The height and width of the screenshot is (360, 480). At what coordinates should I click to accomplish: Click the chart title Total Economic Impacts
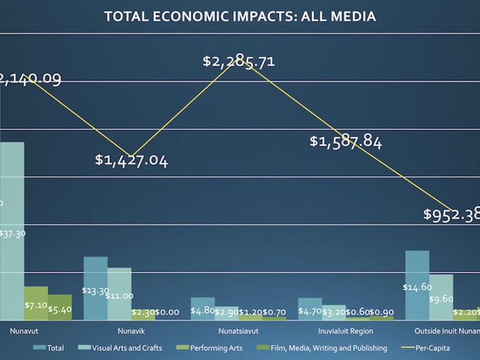[239, 16]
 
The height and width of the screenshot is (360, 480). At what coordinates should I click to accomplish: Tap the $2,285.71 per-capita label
[239, 61]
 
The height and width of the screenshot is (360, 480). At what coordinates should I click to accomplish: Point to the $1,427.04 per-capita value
[131, 161]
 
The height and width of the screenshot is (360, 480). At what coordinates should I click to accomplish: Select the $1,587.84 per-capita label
[346, 142]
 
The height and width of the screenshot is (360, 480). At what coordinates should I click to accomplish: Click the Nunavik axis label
[120, 331]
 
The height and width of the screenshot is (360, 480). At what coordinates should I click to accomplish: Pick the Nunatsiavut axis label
[238, 331]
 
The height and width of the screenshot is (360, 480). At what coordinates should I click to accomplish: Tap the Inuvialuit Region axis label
[346, 331]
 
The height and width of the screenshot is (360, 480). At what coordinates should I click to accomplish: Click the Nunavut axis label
[24, 331]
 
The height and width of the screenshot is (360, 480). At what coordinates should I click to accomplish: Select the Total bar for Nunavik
[95, 288]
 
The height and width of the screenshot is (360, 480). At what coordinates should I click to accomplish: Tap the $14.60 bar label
[417, 287]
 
